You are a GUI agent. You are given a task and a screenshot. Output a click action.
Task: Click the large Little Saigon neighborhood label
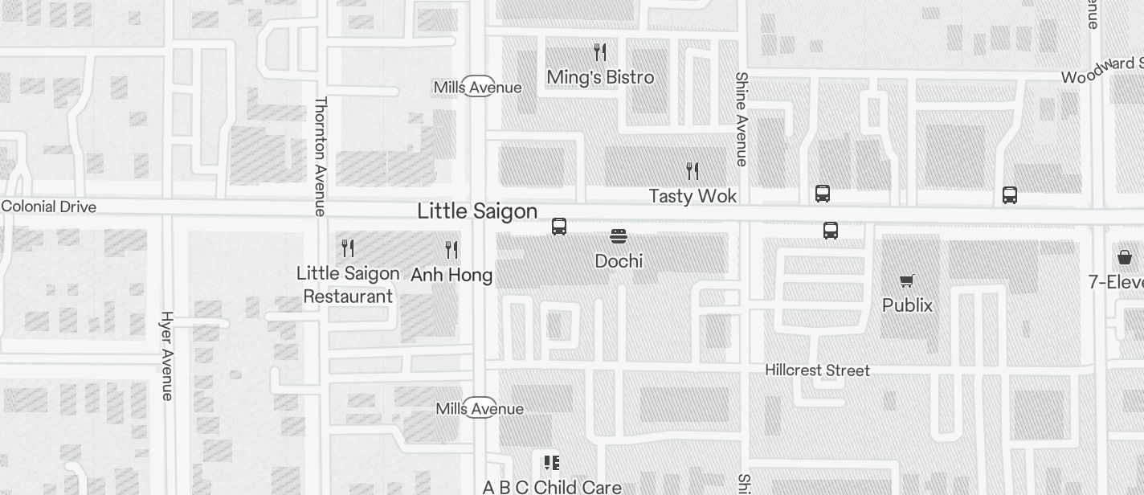tap(477, 211)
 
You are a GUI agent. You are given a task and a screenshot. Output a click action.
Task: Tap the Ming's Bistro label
tap(600, 77)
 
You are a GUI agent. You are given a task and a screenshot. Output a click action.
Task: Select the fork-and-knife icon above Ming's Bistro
tap(600, 53)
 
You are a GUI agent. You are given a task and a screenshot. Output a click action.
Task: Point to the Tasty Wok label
tap(693, 196)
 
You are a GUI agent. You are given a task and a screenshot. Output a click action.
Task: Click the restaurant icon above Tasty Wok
tap(693, 171)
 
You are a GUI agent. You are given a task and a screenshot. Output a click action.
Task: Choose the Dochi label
tap(619, 261)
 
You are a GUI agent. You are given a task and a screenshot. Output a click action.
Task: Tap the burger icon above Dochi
tap(619, 236)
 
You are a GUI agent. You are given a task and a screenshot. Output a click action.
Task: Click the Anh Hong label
tap(451, 275)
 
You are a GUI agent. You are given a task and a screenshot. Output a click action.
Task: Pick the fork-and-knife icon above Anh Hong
tap(451, 250)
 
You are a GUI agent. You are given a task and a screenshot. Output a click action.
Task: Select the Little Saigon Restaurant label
tap(348, 284)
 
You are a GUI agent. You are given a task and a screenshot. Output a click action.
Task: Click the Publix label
tap(907, 305)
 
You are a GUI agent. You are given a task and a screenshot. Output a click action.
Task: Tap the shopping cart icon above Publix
tap(907, 280)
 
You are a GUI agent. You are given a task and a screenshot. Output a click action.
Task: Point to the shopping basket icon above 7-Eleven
tap(1125, 257)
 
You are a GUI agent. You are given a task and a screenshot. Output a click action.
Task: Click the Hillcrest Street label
tap(817, 370)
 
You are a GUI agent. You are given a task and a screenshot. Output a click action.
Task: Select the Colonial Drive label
tap(49, 207)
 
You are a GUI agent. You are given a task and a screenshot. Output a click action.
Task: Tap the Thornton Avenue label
tap(321, 157)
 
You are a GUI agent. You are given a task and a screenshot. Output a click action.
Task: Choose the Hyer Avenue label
tap(167, 355)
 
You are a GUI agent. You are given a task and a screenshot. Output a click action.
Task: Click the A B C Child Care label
tap(552, 487)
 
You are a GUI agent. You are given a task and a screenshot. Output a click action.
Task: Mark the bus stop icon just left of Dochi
tap(559, 227)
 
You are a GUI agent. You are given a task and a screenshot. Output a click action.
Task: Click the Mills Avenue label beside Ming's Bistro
tap(477, 87)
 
